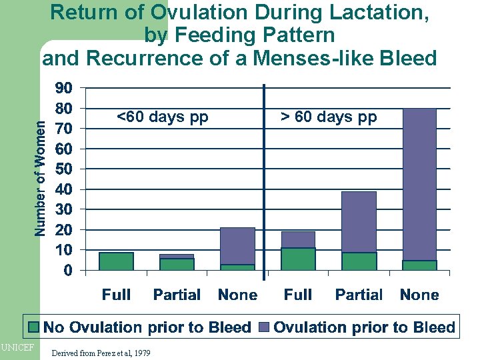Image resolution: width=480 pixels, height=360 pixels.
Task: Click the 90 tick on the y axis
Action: tap(64, 88)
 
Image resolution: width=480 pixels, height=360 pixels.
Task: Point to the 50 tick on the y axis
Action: tap(64, 169)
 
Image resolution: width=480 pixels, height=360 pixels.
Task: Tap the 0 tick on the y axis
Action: tap(68, 271)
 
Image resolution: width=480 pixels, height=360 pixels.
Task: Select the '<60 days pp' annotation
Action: tap(163, 117)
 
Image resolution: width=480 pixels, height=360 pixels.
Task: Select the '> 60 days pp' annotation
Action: tap(328, 117)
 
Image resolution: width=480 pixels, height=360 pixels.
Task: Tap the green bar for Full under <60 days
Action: tap(116, 261)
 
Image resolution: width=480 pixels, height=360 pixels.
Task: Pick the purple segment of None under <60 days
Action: tap(237, 246)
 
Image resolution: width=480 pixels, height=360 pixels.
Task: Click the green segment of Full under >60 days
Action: tap(298, 259)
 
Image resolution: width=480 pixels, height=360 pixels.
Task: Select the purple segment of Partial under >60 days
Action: tap(359, 222)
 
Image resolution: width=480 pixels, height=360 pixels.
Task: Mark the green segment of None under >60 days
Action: tap(419, 265)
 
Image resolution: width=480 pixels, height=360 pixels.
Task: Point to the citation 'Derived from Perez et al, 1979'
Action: tap(100, 353)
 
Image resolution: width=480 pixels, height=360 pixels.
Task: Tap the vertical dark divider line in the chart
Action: tap(265, 180)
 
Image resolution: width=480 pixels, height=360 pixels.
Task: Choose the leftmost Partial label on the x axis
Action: tap(177, 295)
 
